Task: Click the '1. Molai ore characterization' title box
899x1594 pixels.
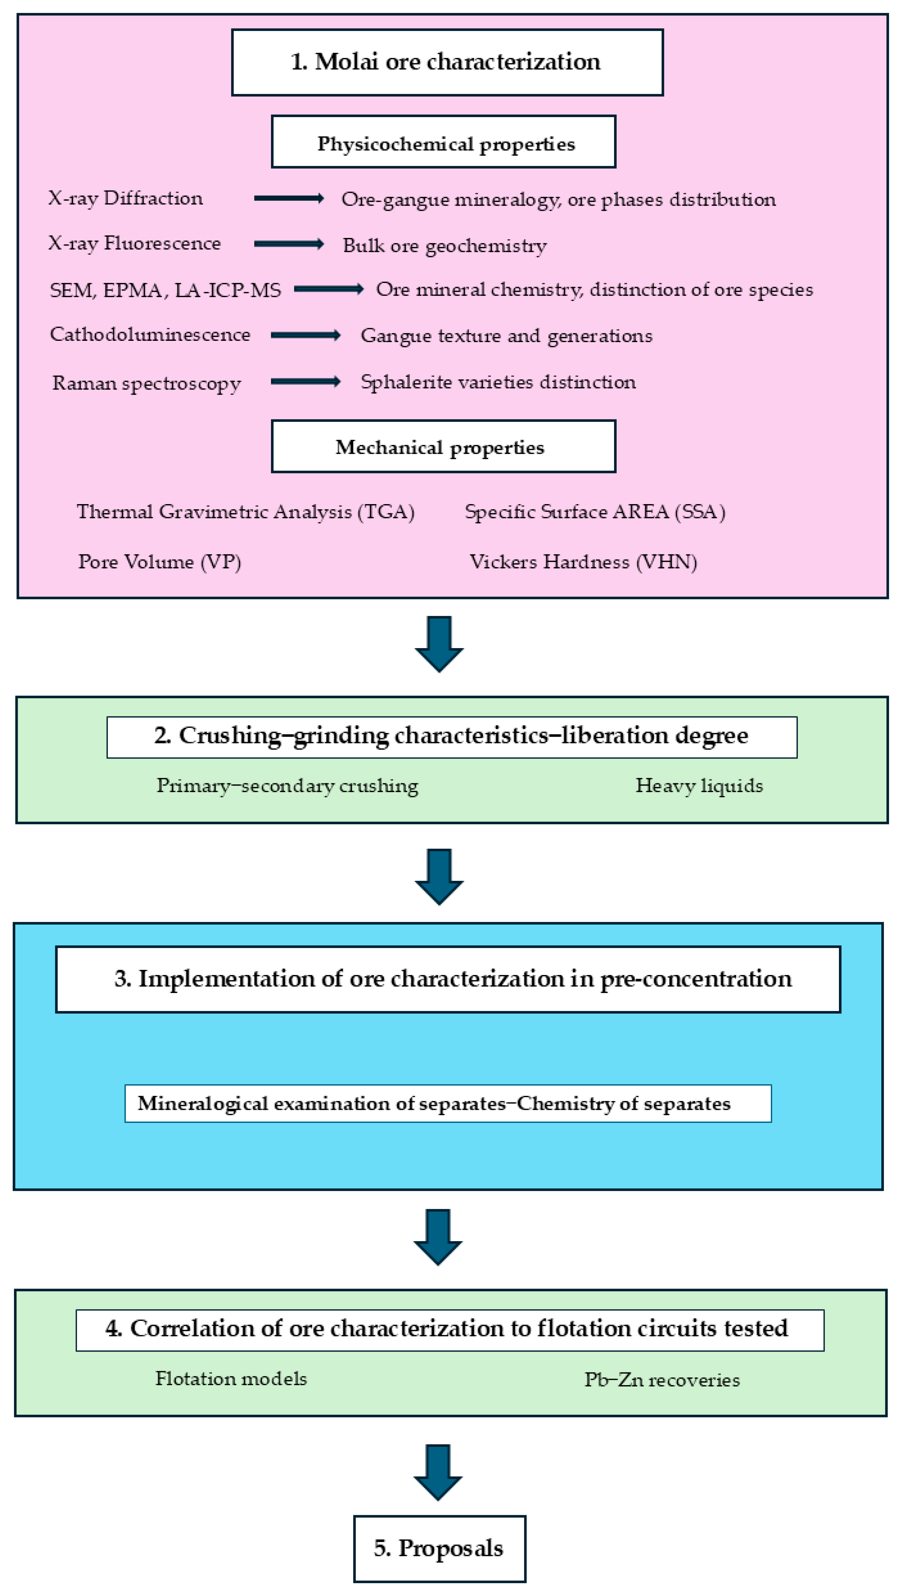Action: tap(447, 62)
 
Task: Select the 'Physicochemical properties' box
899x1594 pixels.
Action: tap(443, 142)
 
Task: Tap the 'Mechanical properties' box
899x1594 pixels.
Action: tap(443, 446)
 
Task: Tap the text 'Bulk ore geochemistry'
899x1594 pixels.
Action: tap(445, 246)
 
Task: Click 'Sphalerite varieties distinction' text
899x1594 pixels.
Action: tap(498, 382)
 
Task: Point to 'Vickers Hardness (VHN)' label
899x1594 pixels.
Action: tap(583, 561)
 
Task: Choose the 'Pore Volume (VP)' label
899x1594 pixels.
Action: tap(159, 561)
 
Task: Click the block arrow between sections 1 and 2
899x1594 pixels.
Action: tap(439, 644)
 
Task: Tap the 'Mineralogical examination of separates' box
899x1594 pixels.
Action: tap(448, 1103)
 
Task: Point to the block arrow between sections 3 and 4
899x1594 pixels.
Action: tap(438, 1238)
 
